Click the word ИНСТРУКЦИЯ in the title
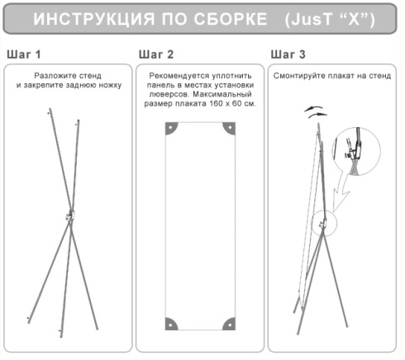(94, 19)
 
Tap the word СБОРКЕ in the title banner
(231, 19)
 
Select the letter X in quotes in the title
(354, 19)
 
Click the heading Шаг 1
(24, 54)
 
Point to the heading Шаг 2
(156, 54)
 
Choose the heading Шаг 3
(288, 54)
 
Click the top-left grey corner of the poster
(171, 128)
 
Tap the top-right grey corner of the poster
(230, 128)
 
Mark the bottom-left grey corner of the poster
(171, 324)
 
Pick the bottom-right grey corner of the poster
(230, 324)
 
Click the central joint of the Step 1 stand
(70, 216)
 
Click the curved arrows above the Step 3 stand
(316, 111)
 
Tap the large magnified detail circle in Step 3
(356, 151)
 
